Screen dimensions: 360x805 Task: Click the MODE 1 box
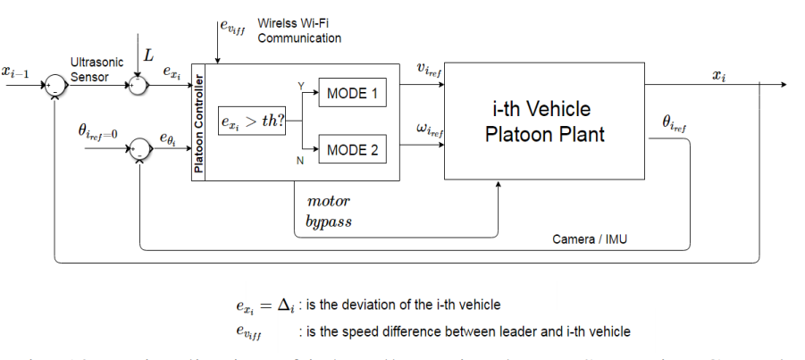(x=352, y=93)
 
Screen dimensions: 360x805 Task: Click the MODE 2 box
(x=352, y=149)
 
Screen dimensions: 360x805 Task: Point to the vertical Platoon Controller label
(x=199, y=121)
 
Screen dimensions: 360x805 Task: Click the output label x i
(x=718, y=76)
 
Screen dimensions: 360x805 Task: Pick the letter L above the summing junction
(x=148, y=55)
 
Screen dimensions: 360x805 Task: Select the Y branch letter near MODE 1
(x=300, y=87)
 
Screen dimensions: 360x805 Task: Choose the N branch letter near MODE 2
(x=300, y=160)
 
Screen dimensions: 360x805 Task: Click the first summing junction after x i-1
(x=55, y=86)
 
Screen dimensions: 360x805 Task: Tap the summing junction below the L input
(x=138, y=86)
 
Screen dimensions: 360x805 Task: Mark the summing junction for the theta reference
(x=138, y=148)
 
